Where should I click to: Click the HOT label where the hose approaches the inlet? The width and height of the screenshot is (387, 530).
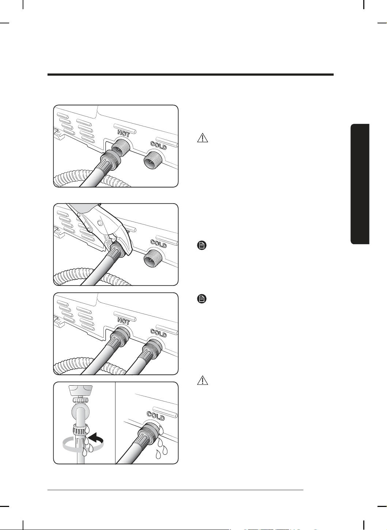coord(124,134)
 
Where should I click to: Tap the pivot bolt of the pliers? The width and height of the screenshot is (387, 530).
coord(100,223)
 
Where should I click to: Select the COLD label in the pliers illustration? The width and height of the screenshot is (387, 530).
coord(159,244)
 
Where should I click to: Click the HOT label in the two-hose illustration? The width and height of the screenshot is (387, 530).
coord(124,321)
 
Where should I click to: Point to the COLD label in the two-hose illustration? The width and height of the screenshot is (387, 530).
coord(159,333)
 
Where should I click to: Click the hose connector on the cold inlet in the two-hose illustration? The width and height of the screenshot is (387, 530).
coord(152,350)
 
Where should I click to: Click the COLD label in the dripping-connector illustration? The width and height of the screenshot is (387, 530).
coord(156,416)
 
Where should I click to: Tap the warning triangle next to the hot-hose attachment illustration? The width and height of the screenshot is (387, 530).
coord(202,138)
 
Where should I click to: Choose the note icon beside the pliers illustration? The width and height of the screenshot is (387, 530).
coord(202,245)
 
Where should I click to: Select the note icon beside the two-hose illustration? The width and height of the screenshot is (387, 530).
coord(202,299)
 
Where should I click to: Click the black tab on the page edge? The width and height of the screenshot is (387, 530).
coord(360,184)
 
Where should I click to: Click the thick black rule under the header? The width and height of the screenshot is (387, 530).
coord(190,75)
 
